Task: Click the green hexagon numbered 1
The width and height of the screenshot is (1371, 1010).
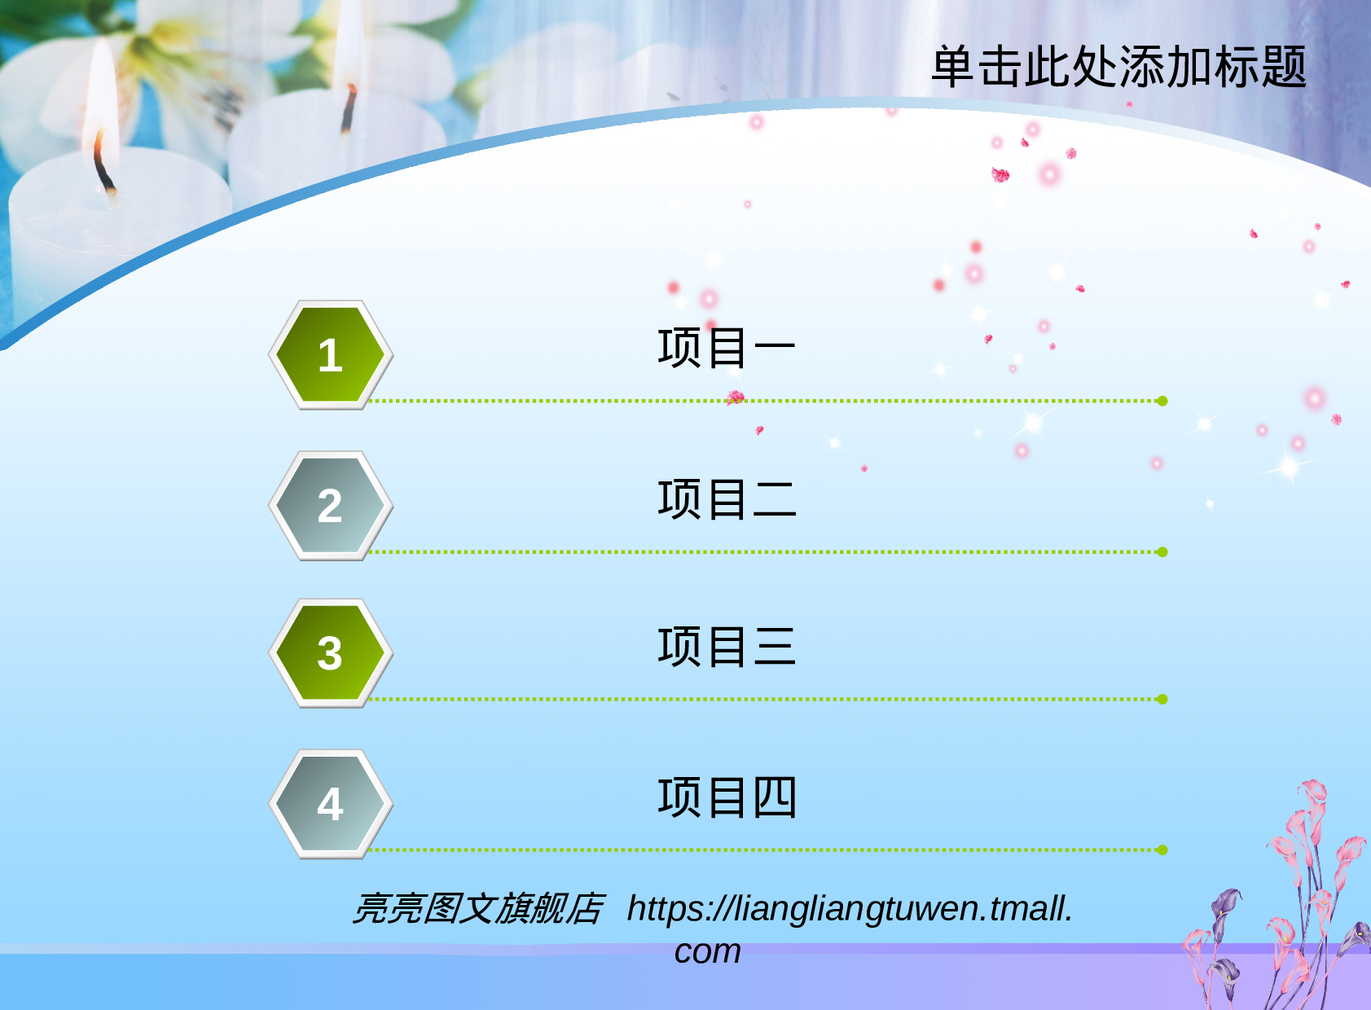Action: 330,355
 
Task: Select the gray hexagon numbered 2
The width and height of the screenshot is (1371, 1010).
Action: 330,506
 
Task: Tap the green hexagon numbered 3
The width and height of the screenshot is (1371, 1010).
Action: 330,653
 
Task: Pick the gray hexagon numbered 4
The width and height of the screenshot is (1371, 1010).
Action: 330,804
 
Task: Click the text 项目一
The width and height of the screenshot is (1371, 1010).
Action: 726,348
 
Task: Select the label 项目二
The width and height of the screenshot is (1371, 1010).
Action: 726,499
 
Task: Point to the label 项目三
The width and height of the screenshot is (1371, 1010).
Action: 726,647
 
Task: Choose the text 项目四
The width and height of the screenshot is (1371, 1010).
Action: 726,797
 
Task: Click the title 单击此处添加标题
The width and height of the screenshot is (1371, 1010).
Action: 1118,67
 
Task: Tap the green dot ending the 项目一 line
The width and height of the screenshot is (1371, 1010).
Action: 1162,401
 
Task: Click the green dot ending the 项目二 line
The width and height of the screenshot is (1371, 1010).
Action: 1162,552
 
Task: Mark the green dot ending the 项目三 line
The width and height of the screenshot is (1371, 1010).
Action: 1162,699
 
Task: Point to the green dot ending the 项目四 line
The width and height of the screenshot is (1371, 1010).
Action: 1162,850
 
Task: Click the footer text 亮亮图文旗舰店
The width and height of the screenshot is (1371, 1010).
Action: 477,909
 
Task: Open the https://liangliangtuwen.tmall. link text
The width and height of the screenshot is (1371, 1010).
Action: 850,909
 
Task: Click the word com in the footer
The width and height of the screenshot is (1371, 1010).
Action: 707,951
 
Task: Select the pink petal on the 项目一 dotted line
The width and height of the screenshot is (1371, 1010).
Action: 736,397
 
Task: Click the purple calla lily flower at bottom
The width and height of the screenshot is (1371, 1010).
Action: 1225,908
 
